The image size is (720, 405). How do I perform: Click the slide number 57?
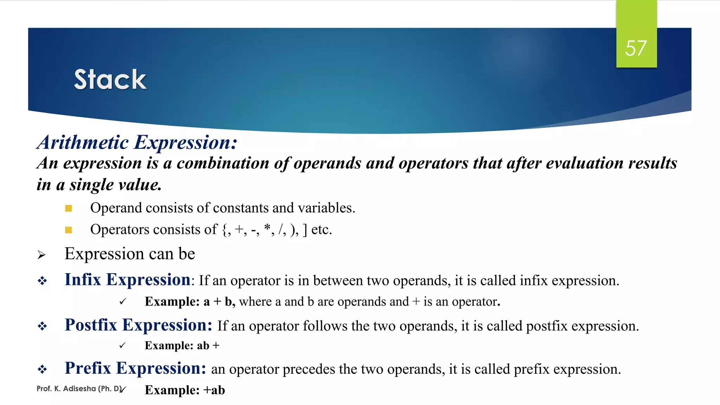[x=636, y=48]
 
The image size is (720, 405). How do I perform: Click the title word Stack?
[x=110, y=80]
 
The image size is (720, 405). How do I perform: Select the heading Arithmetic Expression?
[x=137, y=142]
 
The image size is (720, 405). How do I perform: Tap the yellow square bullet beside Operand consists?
[x=69, y=208]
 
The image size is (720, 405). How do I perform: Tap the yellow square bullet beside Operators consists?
[x=69, y=230]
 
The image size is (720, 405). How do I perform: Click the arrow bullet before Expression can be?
[x=41, y=255]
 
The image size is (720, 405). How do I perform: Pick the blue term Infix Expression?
[x=127, y=280]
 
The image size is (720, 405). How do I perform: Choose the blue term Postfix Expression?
[x=139, y=325]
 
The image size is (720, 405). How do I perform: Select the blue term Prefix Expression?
[x=135, y=368]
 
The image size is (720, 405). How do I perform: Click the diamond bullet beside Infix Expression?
[x=43, y=281]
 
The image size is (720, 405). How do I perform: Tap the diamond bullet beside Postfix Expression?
[x=43, y=326]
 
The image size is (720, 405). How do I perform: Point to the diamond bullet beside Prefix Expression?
[x=43, y=369]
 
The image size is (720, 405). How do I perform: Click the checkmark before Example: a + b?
[x=122, y=302]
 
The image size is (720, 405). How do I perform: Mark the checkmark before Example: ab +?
[x=122, y=346]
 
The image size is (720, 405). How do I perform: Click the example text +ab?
[x=214, y=390]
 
